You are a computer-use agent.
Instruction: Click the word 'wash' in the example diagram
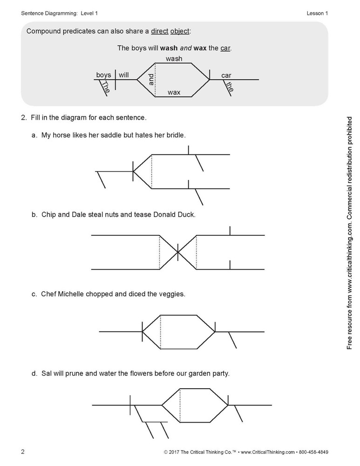(x=174, y=59)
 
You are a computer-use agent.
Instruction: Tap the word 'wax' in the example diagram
(x=174, y=92)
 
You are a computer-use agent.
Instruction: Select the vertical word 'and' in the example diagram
(x=150, y=80)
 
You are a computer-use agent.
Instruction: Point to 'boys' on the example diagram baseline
(x=103, y=75)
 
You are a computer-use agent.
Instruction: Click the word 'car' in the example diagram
(x=226, y=75)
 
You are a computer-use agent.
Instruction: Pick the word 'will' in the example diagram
(x=123, y=75)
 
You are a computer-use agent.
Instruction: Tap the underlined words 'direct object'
(x=170, y=31)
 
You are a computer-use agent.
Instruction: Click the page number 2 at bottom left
(x=23, y=452)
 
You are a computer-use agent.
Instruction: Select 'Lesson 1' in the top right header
(x=317, y=13)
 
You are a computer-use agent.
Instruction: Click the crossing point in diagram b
(x=177, y=252)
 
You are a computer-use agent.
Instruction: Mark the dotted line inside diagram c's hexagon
(x=160, y=332)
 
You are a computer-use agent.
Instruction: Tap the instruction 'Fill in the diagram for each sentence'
(x=88, y=117)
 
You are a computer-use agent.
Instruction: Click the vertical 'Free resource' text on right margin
(x=350, y=233)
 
